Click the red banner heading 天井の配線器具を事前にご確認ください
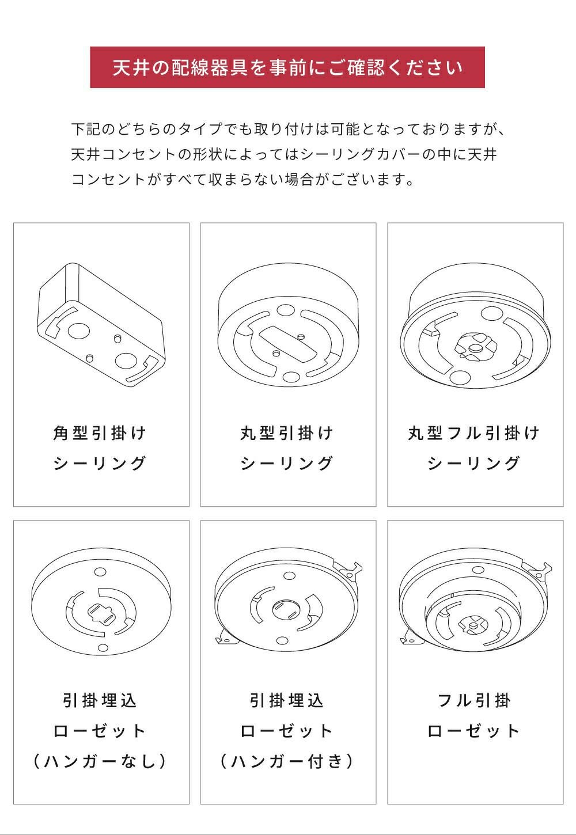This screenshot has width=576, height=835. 287,67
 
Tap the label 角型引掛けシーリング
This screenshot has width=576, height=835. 100,448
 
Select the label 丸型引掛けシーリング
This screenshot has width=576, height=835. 287,448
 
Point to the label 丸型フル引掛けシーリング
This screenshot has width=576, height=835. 474,448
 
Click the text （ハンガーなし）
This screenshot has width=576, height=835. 100,761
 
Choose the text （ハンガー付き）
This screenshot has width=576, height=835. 287,761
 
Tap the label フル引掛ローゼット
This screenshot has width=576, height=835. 474,716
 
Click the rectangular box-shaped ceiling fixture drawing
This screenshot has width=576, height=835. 101,324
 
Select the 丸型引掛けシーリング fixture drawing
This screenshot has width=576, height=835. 288,325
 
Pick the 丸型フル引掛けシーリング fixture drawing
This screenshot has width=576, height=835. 475,325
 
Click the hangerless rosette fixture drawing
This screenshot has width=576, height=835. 101,601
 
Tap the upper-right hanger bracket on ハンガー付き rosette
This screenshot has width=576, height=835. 349,570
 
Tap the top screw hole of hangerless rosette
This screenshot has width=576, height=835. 100,572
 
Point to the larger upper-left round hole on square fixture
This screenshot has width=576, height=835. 79,331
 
